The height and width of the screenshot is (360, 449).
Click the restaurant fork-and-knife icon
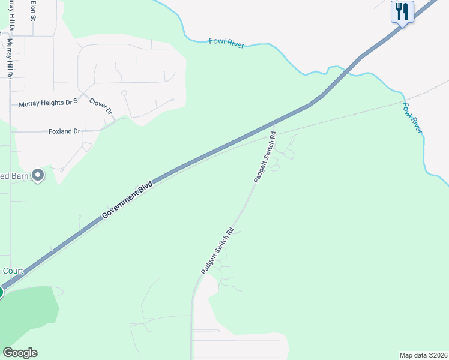coord(402,11)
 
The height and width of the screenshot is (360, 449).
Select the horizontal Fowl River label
coord(226,42)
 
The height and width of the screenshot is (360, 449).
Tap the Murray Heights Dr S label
coord(49,103)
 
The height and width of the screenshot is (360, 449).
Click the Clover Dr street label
coord(101,106)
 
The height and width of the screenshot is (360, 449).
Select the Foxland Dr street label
coord(64,131)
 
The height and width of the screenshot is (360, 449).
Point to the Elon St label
coord(34,11)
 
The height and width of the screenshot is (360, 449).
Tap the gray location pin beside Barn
coord(38,175)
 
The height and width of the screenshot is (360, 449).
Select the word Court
coord(13,271)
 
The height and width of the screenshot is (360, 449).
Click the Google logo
coord(20,353)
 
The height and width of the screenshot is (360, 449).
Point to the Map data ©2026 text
coord(423,355)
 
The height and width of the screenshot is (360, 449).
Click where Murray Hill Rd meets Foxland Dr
coord(10,131)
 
